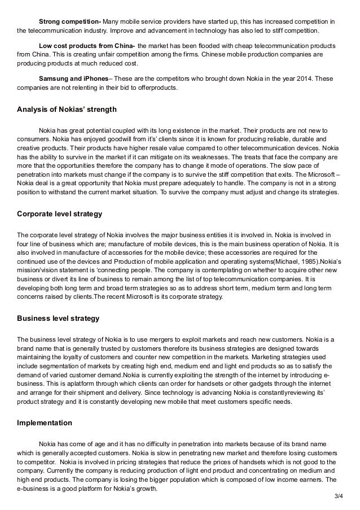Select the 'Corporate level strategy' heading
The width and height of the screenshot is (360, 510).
[x=59, y=215]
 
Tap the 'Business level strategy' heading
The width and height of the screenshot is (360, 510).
[x=58, y=319]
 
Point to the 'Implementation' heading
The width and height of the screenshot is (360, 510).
[x=45, y=422]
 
